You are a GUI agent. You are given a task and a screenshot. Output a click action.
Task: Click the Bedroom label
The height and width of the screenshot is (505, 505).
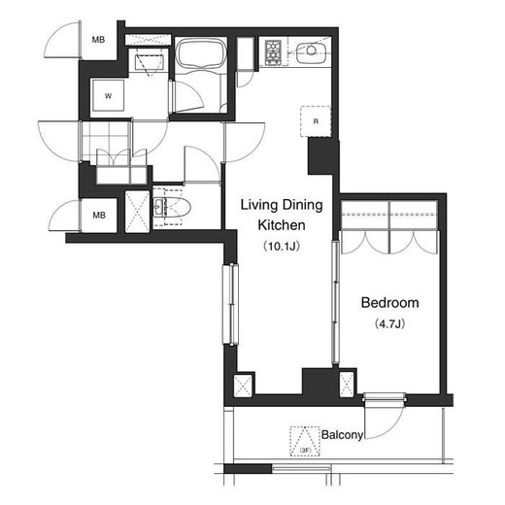(x=389, y=303)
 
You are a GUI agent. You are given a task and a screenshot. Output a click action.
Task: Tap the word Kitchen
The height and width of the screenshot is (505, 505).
(x=282, y=225)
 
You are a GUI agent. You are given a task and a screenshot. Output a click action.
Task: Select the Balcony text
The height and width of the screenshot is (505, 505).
(x=342, y=435)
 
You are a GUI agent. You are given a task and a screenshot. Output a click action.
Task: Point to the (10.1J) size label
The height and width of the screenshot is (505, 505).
(x=282, y=247)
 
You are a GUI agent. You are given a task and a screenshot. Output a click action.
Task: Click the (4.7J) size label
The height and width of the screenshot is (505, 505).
(x=389, y=323)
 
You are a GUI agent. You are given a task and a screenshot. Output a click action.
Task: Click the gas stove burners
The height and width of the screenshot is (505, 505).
(x=274, y=52)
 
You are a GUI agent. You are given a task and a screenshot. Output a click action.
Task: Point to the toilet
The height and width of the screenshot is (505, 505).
(x=172, y=207)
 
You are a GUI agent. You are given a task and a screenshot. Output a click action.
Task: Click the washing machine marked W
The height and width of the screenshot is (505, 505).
(x=108, y=95)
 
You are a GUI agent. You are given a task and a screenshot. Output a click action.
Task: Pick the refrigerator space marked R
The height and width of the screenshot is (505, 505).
(x=316, y=121)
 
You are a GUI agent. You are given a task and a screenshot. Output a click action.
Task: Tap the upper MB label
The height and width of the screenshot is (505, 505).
(x=98, y=40)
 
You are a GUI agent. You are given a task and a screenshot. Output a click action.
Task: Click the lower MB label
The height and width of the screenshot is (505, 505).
(x=99, y=215)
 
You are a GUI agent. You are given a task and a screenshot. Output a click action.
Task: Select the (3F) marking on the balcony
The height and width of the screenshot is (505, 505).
(x=305, y=451)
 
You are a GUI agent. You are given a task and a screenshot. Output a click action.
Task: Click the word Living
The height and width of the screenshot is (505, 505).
(x=259, y=205)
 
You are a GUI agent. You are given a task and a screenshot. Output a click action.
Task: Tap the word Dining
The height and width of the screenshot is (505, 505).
(x=303, y=205)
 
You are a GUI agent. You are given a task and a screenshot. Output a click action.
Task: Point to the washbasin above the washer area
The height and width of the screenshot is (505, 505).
(x=150, y=63)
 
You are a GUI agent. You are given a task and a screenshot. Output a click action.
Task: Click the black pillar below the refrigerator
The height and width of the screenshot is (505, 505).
(x=320, y=157)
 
